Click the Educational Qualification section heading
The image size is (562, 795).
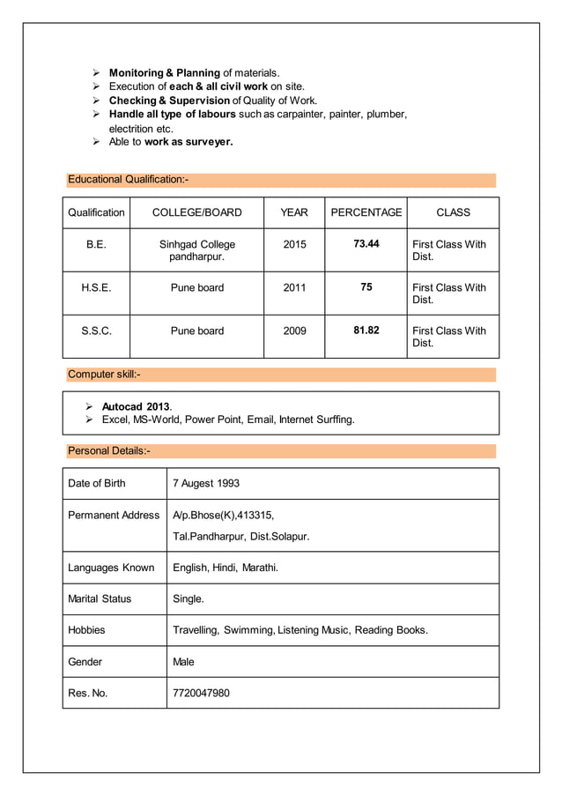coord(129,180)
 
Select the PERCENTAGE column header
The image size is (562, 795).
coord(366,212)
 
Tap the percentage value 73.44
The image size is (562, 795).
coord(366,243)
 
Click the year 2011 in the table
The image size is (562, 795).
coord(294,287)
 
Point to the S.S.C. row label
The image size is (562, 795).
coord(96,331)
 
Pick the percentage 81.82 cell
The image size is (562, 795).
coord(366,330)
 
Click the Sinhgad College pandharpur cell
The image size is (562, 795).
coord(196,250)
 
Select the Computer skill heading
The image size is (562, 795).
coord(104,375)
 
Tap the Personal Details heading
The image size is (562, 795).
coord(109,451)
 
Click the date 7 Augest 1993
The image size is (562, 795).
coord(206,483)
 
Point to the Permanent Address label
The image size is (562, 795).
coord(114,515)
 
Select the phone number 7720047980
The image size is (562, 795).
coord(201,693)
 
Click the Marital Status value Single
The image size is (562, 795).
coord(188,598)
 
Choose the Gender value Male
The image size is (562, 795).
coord(183,661)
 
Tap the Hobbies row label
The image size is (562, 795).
coord(86,630)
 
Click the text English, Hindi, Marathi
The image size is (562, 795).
coord(226,568)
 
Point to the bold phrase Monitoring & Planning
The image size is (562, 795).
coord(164,72)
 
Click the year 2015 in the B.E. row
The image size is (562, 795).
coord(294,244)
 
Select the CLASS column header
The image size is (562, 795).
coord(453,212)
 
